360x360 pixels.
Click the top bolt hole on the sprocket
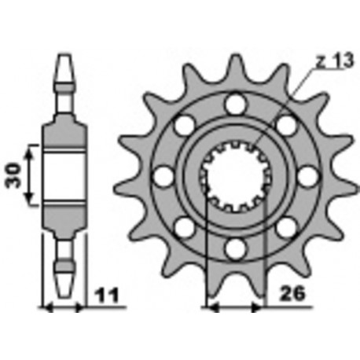click(x=233, y=102)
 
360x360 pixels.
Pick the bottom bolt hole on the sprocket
click(x=233, y=250)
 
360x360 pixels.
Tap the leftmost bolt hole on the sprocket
click(x=161, y=177)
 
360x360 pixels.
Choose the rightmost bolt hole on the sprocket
click(x=307, y=177)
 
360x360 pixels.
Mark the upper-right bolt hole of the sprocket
click(x=285, y=124)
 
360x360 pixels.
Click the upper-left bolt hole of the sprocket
click(x=182, y=124)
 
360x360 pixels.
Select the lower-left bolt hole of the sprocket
click(x=182, y=229)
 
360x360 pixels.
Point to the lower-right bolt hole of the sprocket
click(x=285, y=229)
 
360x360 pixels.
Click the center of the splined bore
click(x=233, y=176)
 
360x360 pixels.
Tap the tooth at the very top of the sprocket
click(x=233, y=63)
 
